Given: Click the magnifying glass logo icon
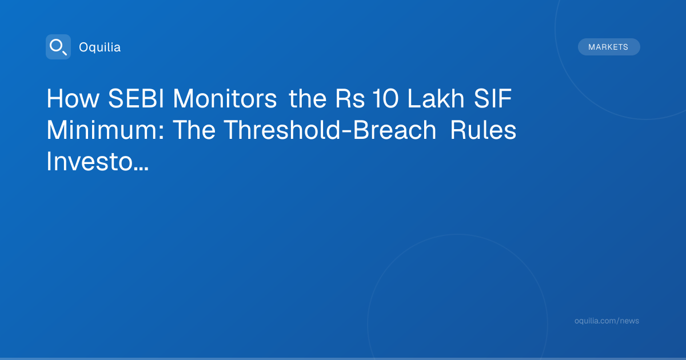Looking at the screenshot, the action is tap(58, 47).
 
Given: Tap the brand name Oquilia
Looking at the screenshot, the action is tap(100, 47).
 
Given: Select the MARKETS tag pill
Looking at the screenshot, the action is tap(609, 47).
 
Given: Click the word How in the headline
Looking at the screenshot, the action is tap(73, 98).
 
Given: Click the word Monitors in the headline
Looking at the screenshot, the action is tap(225, 98).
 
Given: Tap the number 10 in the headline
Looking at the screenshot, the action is tap(385, 98).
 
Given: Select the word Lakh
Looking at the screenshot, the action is tap(436, 98).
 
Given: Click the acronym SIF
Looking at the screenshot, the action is tap(493, 98).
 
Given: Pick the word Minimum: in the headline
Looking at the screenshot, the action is tap(105, 130).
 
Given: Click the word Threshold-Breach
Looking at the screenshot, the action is tap(330, 130).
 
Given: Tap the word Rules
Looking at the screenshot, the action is tap(483, 130).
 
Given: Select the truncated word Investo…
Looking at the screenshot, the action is tap(97, 162).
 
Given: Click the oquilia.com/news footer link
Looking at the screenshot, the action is tap(607, 321).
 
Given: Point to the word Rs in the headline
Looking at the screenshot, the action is tap(350, 98).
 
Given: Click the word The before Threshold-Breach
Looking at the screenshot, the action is tap(194, 130).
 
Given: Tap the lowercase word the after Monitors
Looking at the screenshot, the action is tap(308, 98).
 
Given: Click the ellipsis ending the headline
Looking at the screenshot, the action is tap(141, 169).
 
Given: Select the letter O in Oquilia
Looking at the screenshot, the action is tap(84, 47).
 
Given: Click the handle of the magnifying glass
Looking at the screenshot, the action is tap(65, 53).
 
